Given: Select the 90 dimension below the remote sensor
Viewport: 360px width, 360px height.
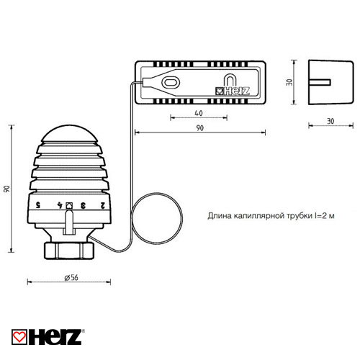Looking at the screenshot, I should (199, 128).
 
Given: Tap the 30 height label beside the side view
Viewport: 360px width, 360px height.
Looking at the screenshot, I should (289, 82).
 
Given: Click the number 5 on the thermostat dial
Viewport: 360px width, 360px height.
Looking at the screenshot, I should (37, 204).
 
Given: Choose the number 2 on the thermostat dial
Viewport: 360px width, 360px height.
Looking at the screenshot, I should (103, 204).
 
